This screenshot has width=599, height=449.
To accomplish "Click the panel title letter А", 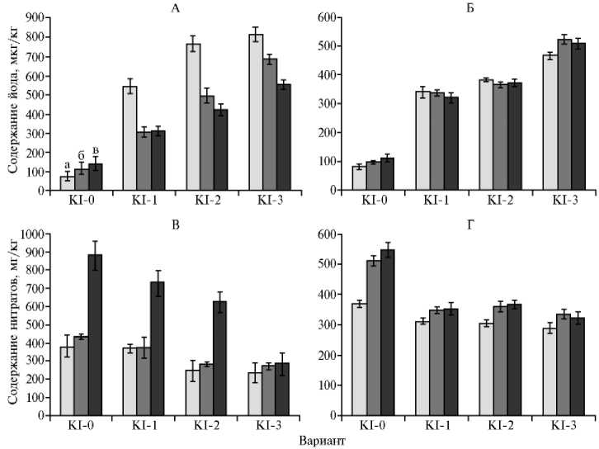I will click(x=175, y=9).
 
